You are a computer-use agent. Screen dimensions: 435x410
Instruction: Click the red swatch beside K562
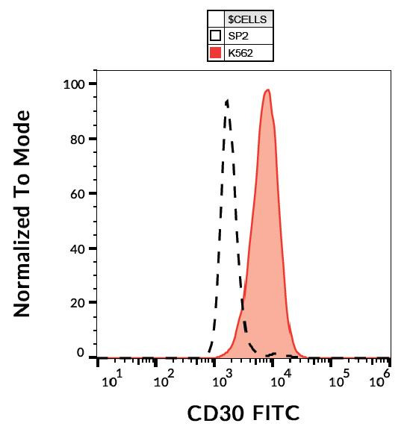[215, 52]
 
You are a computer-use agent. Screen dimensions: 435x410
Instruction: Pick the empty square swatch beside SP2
[215, 36]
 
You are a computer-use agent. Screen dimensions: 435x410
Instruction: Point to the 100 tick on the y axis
[75, 84]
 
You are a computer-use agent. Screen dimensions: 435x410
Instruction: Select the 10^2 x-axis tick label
[164, 381]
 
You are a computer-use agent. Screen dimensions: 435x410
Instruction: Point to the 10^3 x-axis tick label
[222, 381]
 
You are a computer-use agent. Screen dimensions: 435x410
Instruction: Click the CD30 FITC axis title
[243, 413]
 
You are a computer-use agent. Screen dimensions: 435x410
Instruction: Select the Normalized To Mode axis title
[23, 213]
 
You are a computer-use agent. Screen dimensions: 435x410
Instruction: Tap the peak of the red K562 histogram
[267, 90]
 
